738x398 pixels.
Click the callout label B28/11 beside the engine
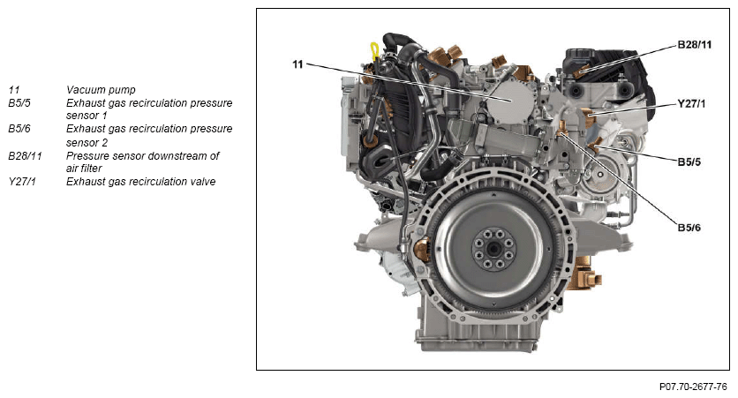click(694, 45)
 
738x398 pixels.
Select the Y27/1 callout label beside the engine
click(691, 103)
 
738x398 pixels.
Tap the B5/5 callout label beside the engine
click(689, 161)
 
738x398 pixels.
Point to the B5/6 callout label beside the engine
click(689, 228)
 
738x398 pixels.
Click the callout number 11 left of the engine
click(297, 64)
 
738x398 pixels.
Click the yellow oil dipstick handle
click(375, 50)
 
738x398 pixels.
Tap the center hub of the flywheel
click(493, 250)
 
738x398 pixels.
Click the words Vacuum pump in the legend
click(101, 90)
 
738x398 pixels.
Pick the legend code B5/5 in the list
click(19, 103)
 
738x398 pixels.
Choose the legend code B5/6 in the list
click(19, 129)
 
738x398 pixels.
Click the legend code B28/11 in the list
click(25, 155)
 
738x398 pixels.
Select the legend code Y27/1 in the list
click(22, 182)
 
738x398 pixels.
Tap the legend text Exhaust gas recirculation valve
click(140, 182)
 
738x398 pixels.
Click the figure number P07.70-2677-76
click(693, 387)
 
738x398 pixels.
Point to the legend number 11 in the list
click(13, 90)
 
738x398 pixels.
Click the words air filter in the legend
click(84, 169)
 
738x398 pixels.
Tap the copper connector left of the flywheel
click(422, 250)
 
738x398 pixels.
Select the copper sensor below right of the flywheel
click(584, 274)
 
